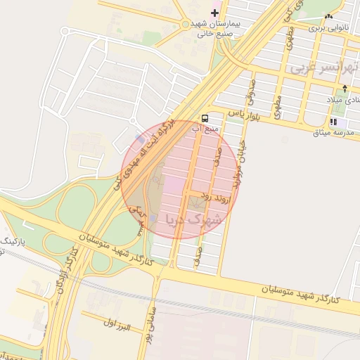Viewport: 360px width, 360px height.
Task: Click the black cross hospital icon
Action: coord(215,13)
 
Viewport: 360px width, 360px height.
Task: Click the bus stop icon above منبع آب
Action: coord(205,118)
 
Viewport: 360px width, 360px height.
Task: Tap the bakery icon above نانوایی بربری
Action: coord(328,17)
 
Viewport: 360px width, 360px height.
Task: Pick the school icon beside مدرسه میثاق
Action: coord(333,122)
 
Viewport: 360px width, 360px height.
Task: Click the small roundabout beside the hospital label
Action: coord(186,25)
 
